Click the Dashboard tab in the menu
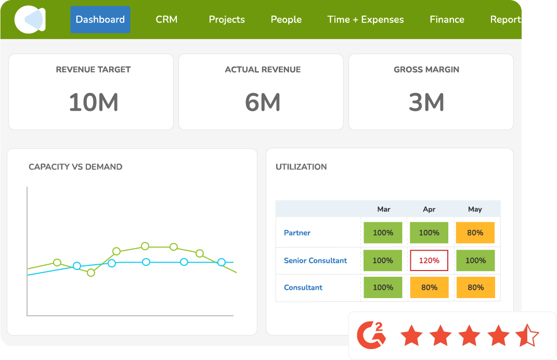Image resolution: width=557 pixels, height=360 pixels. [100, 20]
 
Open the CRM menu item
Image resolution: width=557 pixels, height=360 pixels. [166, 20]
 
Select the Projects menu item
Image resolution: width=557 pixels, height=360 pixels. [227, 20]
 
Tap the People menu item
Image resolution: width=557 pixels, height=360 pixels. [286, 20]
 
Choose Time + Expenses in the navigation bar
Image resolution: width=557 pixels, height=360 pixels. [366, 20]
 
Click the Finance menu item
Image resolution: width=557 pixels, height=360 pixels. [447, 20]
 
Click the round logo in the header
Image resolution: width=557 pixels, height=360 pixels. [30, 20]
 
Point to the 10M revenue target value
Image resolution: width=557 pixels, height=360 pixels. [94, 102]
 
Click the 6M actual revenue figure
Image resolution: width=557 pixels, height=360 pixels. [263, 102]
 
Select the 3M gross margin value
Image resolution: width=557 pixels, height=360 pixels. [426, 102]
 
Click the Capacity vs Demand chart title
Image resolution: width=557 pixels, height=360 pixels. [75, 167]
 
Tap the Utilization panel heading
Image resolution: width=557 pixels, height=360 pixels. [301, 167]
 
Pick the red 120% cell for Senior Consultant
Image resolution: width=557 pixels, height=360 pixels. [429, 260]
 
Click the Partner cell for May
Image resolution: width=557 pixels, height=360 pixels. [475, 233]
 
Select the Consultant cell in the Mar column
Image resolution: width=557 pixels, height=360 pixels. [383, 287]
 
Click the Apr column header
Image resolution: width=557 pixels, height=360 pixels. [429, 209]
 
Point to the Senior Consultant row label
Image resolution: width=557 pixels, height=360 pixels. [315, 260]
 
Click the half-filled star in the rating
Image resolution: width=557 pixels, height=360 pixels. [527, 336]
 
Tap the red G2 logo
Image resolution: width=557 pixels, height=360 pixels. [371, 336]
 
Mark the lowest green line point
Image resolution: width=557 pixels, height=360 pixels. [91, 272]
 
